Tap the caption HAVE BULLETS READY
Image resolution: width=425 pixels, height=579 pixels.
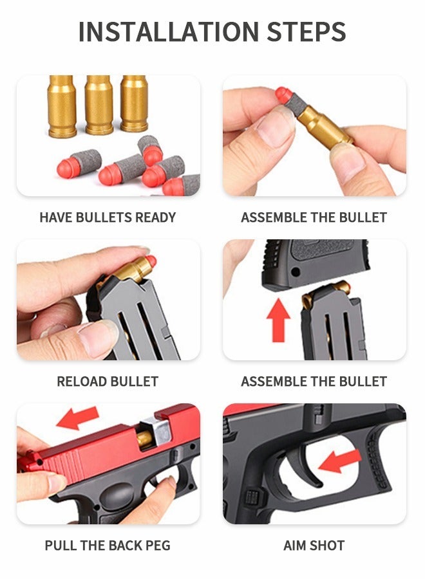(x=108, y=217)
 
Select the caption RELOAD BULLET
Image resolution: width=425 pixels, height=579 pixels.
(x=108, y=381)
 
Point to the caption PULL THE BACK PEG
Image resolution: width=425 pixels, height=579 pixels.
(x=108, y=546)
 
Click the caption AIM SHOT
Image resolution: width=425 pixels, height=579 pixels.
(x=314, y=546)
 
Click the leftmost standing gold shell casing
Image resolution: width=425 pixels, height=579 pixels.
(x=62, y=106)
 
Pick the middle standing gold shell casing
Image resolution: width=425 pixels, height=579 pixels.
(x=99, y=105)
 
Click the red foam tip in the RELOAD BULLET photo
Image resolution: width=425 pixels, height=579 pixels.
(x=150, y=261)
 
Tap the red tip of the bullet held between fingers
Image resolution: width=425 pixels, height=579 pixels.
(x=283, y=95)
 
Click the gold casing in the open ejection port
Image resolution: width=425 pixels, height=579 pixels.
(x=146, y=439)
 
